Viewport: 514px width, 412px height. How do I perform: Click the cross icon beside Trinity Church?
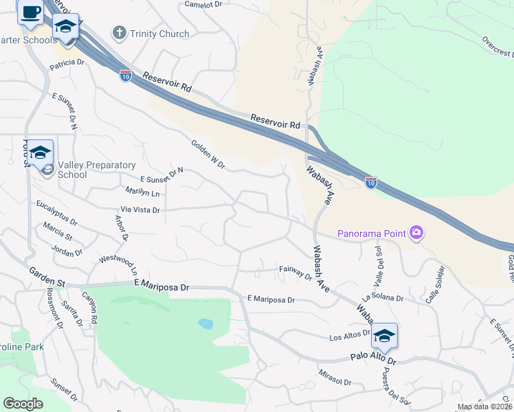click(x=120, y=33)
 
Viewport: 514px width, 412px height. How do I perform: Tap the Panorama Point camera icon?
click(x=416, y=233)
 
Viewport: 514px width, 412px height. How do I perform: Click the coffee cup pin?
click(x=30, y=12)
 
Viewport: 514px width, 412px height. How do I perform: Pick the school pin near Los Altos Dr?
click(x=385, y=336)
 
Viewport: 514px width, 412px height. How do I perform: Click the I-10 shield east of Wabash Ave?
click(x=370, y=183)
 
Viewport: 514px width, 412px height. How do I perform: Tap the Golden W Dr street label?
click(x=208, y=154)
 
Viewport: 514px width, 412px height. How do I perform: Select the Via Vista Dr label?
click(x=140, y=210)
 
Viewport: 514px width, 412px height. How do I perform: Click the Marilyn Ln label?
click(x=142, y=192)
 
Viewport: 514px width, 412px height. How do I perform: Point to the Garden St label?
click(x=47, y=277)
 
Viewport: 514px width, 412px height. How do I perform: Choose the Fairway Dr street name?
click(x=295, y=272)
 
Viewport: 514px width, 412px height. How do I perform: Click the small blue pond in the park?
click(x=205, y=323)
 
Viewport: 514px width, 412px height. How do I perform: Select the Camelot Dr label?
click(x=204, y=4)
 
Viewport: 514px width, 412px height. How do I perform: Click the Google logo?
click(x=23, y=404)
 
